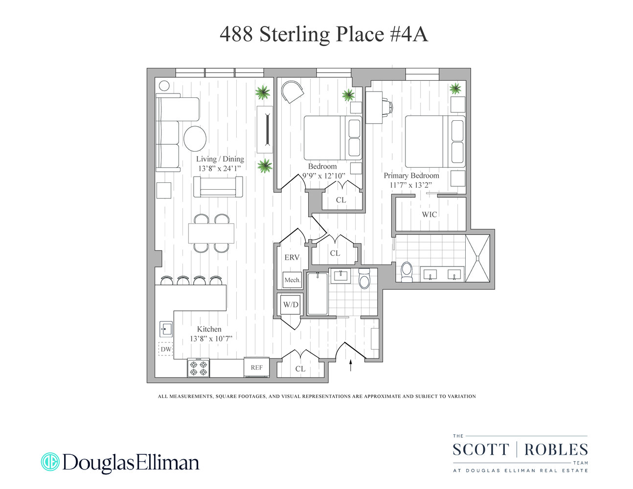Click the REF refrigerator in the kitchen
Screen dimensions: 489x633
257,367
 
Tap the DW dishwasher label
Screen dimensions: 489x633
166,349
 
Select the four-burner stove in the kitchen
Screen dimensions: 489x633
199,368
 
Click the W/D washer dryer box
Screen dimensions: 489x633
291,305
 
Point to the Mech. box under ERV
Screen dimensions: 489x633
293,280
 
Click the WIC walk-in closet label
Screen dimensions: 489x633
430,214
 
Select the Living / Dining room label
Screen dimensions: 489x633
220,159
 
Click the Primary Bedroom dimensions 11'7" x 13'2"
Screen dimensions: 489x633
411,185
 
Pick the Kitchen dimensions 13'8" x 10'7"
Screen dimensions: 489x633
211,338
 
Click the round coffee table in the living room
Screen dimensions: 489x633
195,138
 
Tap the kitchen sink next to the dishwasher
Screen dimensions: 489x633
166,329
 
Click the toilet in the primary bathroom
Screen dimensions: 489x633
407,272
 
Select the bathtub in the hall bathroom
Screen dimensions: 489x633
317,293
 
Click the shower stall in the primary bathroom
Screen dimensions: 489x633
477,258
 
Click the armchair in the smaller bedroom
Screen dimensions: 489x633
293,91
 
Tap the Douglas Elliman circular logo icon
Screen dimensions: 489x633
50,462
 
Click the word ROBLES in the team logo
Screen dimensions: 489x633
556,449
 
